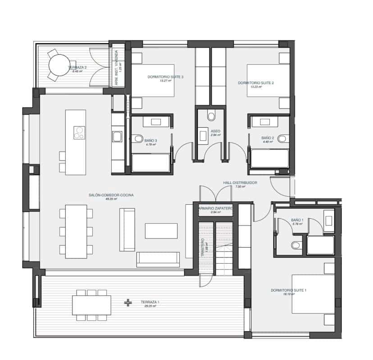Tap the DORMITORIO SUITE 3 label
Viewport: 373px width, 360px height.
coord(165,77)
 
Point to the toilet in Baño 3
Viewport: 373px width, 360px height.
coord(138,139)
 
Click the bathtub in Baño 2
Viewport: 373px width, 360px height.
coord(270,158)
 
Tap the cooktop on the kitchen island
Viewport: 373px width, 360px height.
coord(80,132)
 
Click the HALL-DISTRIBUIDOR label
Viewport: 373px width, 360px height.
coord(240,183)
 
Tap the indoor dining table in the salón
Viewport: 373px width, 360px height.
coord(76,232)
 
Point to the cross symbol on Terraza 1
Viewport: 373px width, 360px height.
coord(128,302)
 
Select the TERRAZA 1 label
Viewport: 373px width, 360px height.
coord(150,302)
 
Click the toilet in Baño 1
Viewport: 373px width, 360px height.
coord(296,245)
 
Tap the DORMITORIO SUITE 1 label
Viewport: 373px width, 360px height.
coord(288,290)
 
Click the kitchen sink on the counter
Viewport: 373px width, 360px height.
coord(117,136)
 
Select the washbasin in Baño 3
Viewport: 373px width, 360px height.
coord(156,121)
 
